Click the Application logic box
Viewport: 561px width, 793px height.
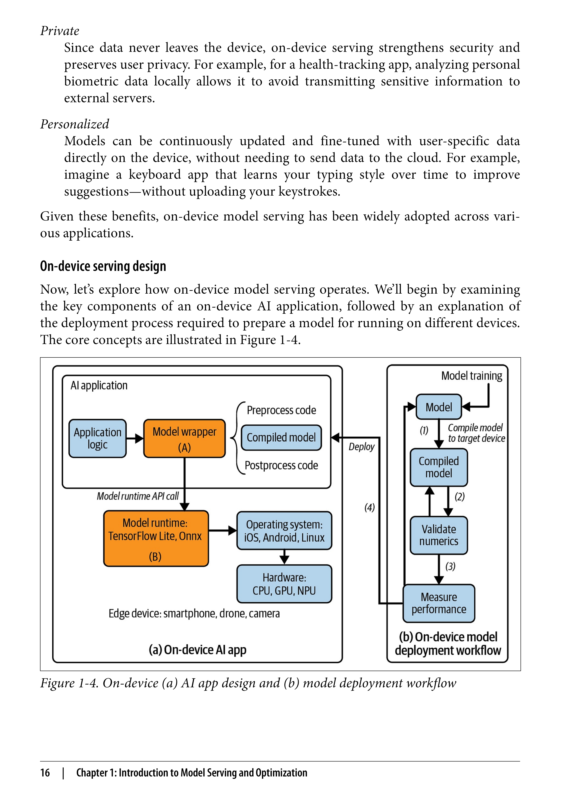[97, 438]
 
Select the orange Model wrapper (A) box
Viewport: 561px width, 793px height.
[184, 438]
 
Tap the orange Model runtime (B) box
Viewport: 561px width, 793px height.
[156, 539]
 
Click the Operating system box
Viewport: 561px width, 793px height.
[284, 531]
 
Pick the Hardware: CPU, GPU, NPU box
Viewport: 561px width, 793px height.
[284, 584]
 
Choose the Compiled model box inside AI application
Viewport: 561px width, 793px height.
[281, 438]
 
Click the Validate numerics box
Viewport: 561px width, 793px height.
[439, 535]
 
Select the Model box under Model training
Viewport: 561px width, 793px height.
[439, 407]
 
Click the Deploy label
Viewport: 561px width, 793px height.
[361, 447]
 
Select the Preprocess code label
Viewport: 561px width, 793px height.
[281, 410]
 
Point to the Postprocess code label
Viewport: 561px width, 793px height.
[281, 465]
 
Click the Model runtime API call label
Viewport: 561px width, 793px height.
[137, 496]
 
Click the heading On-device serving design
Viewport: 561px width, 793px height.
[103, 266]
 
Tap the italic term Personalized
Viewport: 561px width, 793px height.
[75, 124]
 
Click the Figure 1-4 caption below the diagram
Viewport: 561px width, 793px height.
[248, 683]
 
